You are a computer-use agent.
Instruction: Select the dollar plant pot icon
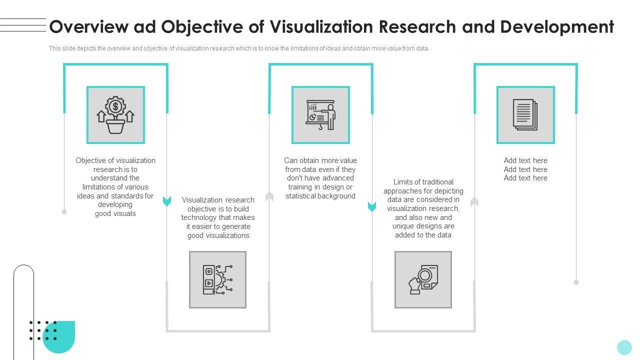point(115,115)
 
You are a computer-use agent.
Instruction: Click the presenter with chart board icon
point(320,115)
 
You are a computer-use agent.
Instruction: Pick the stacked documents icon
point(525,115)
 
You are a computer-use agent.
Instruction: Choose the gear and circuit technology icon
point(217,279)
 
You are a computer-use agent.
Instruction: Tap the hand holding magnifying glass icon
point(423,279)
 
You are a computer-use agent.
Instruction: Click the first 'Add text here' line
point(525,160)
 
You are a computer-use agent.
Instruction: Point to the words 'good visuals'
point(115,213)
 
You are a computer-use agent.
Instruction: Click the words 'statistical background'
point(320,196)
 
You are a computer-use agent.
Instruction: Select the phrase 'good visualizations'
point(218,235)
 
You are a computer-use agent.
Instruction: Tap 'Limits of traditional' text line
point(423,182)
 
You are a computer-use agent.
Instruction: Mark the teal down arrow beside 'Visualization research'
point(167,201)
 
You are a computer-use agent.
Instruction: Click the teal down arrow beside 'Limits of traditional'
point(372,206)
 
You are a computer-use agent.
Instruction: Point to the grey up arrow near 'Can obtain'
point(269,196)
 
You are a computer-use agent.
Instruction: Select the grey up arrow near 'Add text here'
point(474,202)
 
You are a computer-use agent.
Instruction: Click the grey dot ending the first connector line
point(64,212)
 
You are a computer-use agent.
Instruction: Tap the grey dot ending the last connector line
point(576,282)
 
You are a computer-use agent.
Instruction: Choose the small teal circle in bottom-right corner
point(624,347)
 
